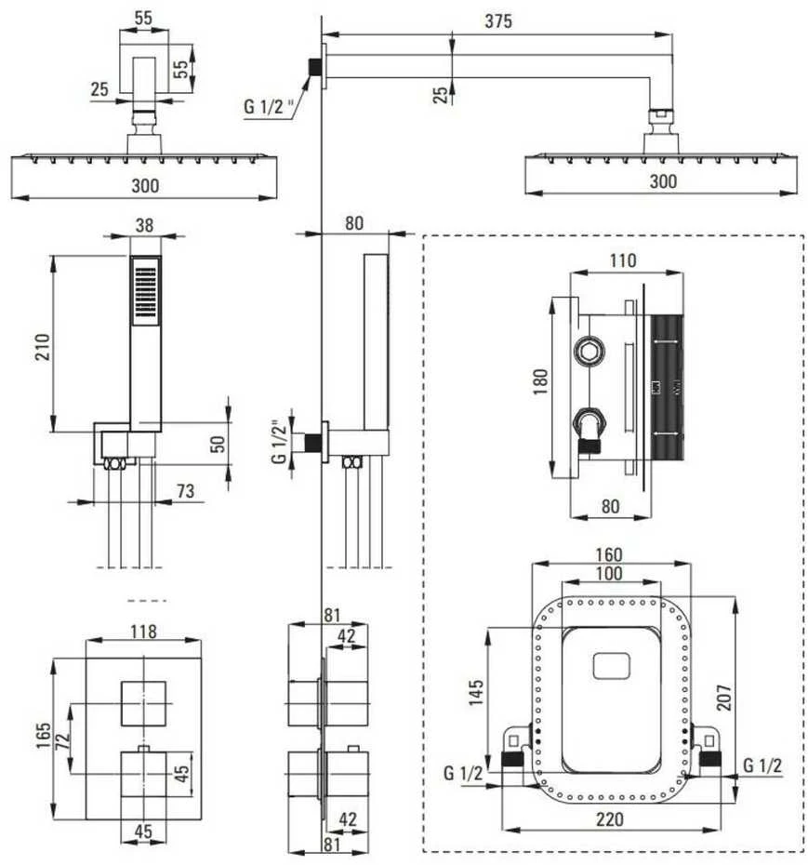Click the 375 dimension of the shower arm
click(498, 21)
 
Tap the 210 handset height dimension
click(43, 347)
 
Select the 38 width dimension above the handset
click(144, 225)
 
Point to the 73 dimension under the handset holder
click(186, 490)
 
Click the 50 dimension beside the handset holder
click(218, 444)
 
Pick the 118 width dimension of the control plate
click(143, 632)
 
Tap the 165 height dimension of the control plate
click(43, 736)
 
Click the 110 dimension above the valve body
click(623, 260)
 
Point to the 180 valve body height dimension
click(540, 381)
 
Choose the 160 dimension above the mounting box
click(609, 554)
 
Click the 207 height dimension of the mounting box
click(723, 698)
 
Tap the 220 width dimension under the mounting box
click(609, 819)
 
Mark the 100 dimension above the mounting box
click(609, 573)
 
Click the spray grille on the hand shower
click(146, 292)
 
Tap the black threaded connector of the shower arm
click(315, 67)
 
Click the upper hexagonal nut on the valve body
click(589, 351)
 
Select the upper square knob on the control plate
click(143, 703)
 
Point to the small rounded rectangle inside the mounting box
click(611, 666)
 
